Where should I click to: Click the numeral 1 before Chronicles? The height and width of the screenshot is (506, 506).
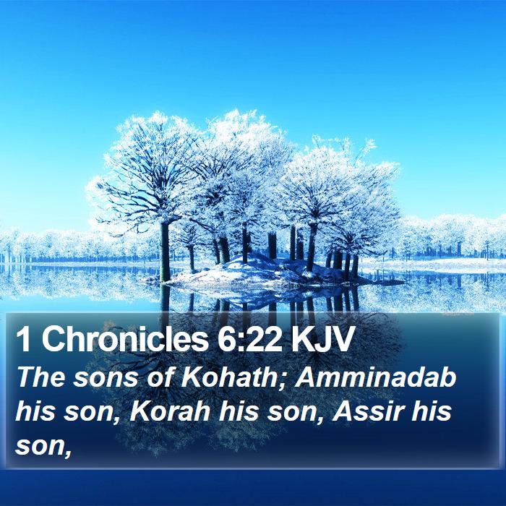(x=23, y=339)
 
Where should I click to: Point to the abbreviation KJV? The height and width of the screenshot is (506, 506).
(x=322, y=339)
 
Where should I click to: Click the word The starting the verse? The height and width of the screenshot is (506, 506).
(x=41, y=377)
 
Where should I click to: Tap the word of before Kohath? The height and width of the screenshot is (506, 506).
(x=159, y=377)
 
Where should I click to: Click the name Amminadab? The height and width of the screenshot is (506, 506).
(x=375, y=377)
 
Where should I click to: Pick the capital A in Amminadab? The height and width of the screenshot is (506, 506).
(x=306, y=377)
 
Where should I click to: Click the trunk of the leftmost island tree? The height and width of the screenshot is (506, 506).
(x=166, y=252)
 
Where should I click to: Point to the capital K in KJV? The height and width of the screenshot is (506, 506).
(x=302, y=339)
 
